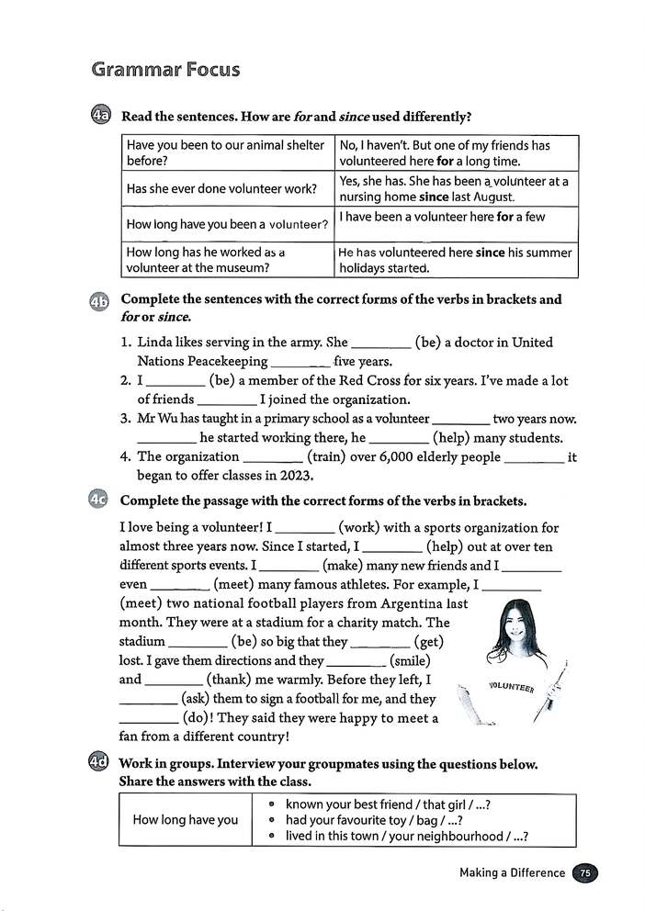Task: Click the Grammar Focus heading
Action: pyautogui.click(x=165, y=70)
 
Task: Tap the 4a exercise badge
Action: pyautogui.click(x=101, y=117)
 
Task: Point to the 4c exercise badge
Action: pyautogui.click(x=101, y=500)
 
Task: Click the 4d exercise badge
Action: pyautogui.click(x=101, y=763)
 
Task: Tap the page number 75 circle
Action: pyautogui.click(x=584, y=872)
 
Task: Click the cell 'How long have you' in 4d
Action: pyautogui.click(x=185, y=819)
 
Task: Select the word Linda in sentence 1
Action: pyautogui.click(x=157, y=343)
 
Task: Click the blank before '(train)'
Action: pyautogui.click(x=273, y=457)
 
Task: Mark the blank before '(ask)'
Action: pyautogui.click(x=150, y=699)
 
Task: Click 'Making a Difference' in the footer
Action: pyautogui.click(x=512, y=872)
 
